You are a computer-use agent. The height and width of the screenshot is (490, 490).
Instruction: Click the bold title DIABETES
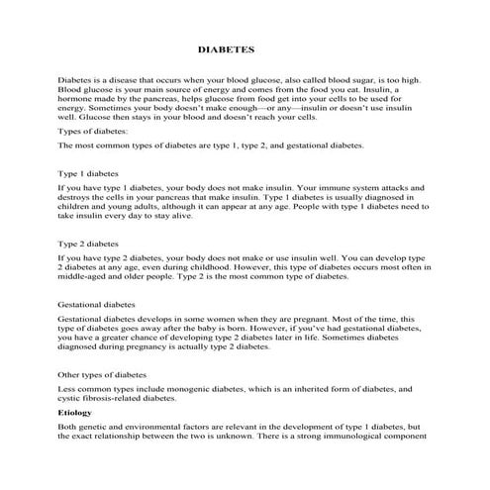click(x=228, y=48)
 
